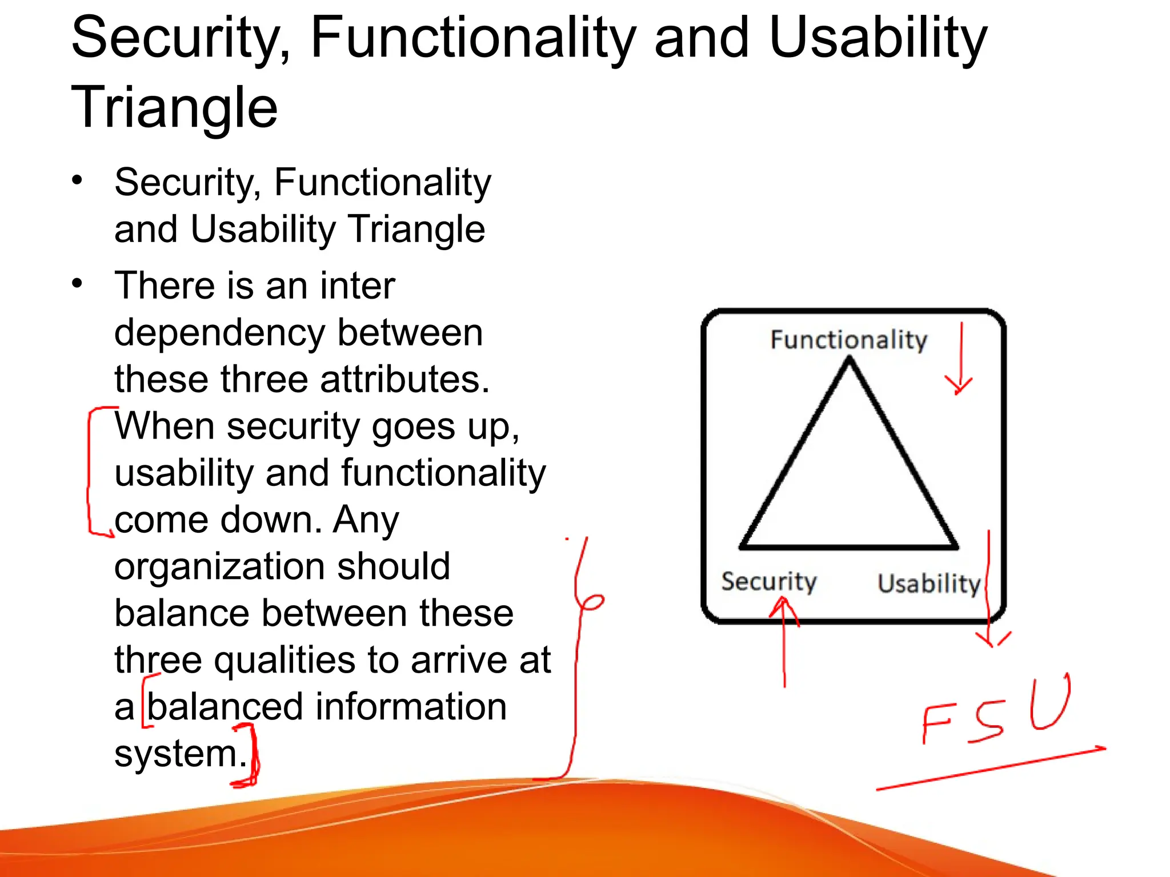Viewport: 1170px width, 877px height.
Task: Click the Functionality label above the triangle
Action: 848,340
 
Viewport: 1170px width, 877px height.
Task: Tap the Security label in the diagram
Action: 768,581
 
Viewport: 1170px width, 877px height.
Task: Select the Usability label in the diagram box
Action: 929,584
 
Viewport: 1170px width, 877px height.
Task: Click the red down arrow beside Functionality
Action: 960,360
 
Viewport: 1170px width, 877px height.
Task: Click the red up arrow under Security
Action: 784,639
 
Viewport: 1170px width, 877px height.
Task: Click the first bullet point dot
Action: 77,180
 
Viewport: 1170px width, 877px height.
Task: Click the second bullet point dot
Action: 77,283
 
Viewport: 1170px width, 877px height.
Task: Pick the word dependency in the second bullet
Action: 220,333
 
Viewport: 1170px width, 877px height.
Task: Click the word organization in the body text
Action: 220,567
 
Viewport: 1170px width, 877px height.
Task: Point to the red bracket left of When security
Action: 90,471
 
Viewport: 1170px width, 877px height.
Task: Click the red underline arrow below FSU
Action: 991,769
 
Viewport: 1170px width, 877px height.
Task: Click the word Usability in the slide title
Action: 878,39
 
